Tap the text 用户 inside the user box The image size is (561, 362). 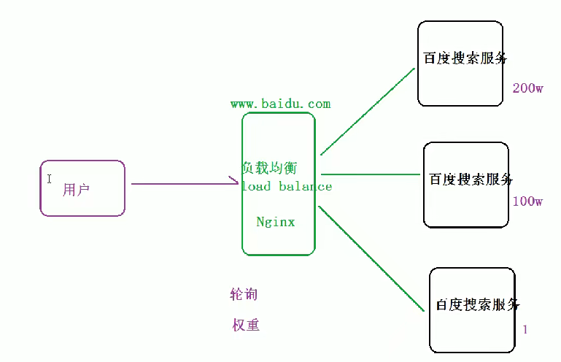(x=76, y=190)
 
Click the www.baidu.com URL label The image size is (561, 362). (x=281, y=104)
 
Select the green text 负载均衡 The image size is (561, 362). (x=269, y=168)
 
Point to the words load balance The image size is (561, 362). (x=287, y=186)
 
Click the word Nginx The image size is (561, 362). (x=276, y=221)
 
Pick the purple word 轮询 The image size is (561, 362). (x=244, y=295)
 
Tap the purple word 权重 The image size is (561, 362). (x=246, y=326)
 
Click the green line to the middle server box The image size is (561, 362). (x=371, y=175)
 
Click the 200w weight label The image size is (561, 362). (x=527, y=88)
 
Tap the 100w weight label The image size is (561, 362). (x=527, y=201)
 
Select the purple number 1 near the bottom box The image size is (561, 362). (x=525, y=330)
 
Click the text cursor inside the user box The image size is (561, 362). (x=50, y=178)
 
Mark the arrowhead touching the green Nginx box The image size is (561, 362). (x=235, y=182)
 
